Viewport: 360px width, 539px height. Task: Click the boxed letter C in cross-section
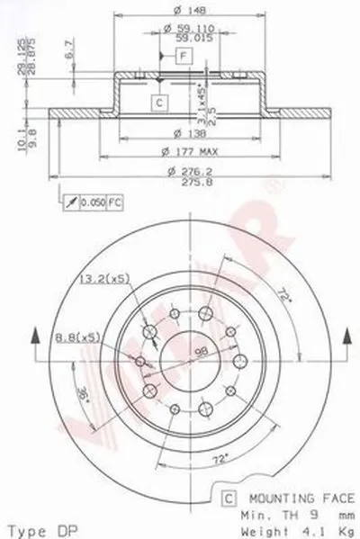coord(157,103)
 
